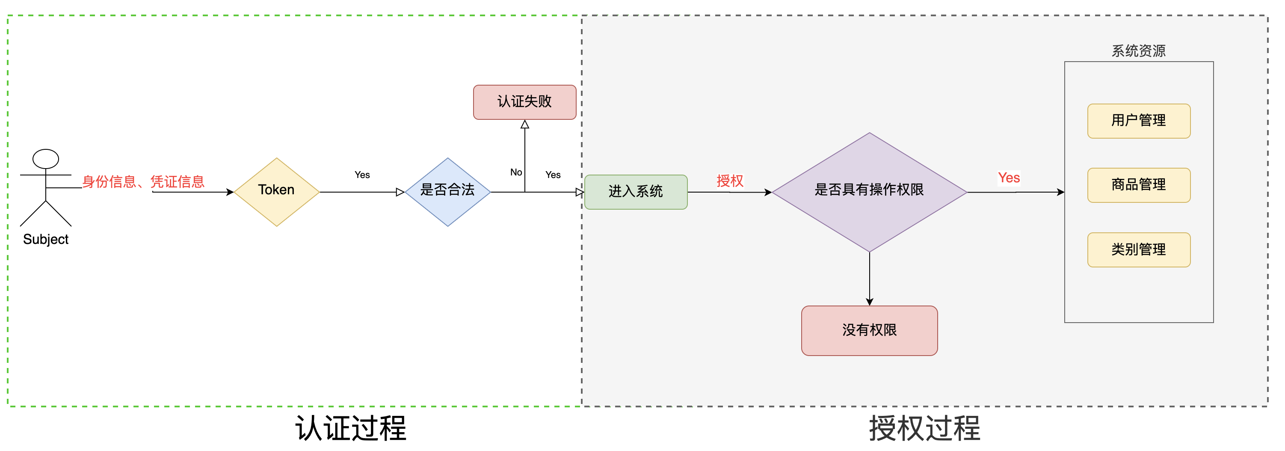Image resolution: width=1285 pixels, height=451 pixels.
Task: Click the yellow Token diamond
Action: (x=276, y=192)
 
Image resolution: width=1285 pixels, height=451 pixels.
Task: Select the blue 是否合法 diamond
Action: (x=447, y=192)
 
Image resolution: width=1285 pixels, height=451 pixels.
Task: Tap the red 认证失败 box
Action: (x=524, y=102)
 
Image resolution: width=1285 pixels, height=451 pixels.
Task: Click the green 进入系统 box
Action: (x=636, y=192)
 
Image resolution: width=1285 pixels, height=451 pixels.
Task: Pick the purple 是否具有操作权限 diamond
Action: (x=869, y=192)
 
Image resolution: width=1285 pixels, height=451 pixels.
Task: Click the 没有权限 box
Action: (x=869, y=330)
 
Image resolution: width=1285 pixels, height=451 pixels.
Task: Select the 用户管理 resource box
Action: (x=1138, y=121)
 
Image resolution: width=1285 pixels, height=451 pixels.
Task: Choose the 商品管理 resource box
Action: (x=1138, y=185)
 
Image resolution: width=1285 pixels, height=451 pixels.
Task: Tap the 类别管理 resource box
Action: (x=1138, y=249)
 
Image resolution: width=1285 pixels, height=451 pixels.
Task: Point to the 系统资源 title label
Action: (x=1138, y=51)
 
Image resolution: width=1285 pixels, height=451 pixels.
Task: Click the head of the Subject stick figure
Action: (x=45, y=159)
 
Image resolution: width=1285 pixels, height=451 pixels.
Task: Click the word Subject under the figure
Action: (x=45, y=240)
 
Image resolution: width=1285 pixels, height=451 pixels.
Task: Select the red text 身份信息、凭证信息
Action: (x=143, y=181)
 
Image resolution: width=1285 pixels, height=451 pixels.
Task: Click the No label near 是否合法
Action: (x=516, y=172)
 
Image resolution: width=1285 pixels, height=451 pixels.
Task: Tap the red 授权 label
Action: (x=730, y=181)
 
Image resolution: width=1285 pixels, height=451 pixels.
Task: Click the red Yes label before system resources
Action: (x=1009, y=178)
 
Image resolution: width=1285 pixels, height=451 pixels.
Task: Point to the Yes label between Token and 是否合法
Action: (x=362, y=175)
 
